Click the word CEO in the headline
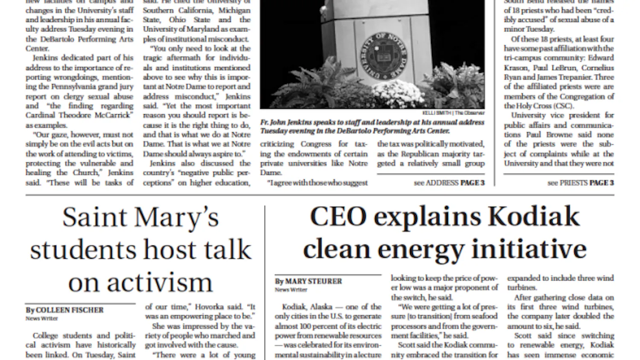click(x=338, y=217)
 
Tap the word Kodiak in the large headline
click(x=534, y=217)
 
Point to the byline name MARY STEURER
click(x=313, y=281)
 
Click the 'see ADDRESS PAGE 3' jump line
click(x=449, y=183)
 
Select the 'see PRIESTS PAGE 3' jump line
click(x=580, y=183)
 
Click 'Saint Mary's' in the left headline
click(x=140, y=218)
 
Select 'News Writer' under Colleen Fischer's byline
click(x=41, y=319)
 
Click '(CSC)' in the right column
click(x=563, y=106)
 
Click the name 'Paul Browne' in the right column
click(x=548, y=135)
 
